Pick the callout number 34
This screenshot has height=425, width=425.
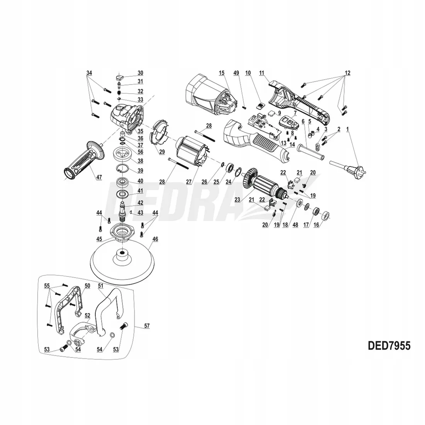pos(89,73)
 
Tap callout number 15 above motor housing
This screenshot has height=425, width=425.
pos(221,73)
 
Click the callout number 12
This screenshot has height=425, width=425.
pos(348,73)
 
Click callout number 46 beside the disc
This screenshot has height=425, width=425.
pos(155,239)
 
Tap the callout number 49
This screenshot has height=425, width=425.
pos(236,73)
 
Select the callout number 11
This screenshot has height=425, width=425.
pos(262,73)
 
